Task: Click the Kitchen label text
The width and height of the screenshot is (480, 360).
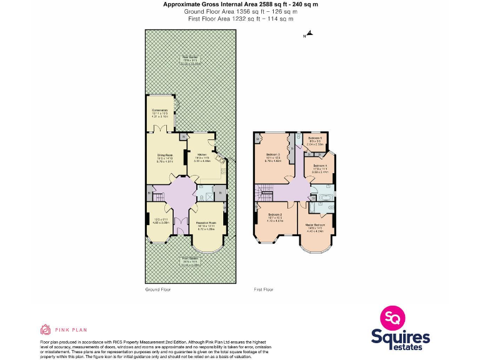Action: coord(202,155)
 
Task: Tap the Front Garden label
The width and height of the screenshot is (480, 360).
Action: coord(191,258)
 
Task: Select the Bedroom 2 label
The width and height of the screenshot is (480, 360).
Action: coord(275,215)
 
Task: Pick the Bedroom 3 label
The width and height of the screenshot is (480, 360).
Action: coord(273,154)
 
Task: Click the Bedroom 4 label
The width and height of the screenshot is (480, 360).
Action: coord(320,166)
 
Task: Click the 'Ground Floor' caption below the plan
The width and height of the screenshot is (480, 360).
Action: coord(157,289)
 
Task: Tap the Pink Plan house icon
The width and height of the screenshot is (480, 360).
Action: coord(45,329)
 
